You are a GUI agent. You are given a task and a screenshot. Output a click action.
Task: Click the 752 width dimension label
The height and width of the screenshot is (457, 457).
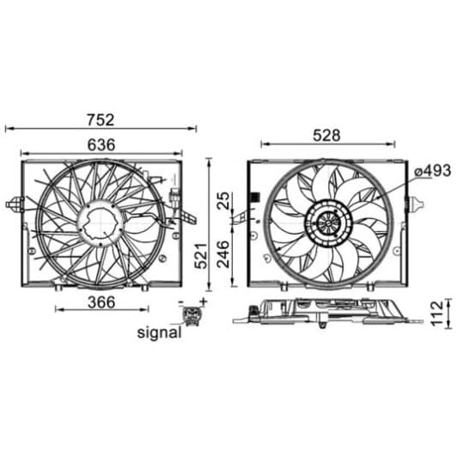[101, 120]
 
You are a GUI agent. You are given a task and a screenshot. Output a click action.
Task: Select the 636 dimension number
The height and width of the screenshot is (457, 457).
[101, 145]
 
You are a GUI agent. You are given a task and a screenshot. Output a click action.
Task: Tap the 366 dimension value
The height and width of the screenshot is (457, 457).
[101, 302]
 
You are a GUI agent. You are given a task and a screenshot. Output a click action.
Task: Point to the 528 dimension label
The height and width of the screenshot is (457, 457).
[326, 136]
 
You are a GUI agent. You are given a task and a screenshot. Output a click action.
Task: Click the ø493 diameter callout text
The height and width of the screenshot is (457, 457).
[433, 171]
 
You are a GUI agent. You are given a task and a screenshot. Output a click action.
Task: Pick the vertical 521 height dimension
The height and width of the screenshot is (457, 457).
[201, 255]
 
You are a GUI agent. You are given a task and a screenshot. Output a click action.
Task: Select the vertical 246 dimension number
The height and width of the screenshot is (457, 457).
[224, 254]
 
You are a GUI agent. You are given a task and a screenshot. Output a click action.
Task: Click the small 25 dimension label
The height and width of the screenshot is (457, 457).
[224, 200]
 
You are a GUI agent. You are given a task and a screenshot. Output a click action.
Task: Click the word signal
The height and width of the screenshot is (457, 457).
[159, 332]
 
